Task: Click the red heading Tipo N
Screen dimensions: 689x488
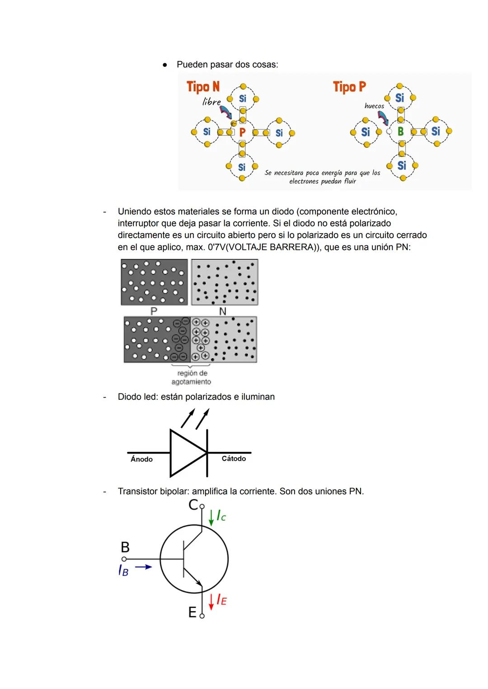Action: [203, 86]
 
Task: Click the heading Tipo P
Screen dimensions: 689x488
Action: [349, 86]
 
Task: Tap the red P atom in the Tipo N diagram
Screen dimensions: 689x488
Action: [242, 132]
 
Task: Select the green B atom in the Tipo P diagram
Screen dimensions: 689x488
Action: [400, 131]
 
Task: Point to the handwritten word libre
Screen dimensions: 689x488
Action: [211, 102]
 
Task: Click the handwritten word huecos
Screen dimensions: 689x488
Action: [374, 106]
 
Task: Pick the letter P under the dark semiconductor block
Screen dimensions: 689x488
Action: [154, 311]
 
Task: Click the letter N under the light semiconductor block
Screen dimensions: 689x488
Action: [222, 311]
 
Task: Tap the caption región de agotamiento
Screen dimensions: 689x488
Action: [192, 377]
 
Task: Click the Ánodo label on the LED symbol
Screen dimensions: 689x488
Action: [141, 459]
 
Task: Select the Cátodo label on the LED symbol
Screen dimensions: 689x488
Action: [234, 459]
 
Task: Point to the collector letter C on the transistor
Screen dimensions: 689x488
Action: [193, 505]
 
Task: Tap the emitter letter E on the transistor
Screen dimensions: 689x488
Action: [192, 613]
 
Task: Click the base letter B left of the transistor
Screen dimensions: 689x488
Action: [125, 547]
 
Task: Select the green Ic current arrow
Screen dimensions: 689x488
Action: [211, 517]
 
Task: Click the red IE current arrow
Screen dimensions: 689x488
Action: [211, 602]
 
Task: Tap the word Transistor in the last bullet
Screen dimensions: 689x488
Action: [137, 491]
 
